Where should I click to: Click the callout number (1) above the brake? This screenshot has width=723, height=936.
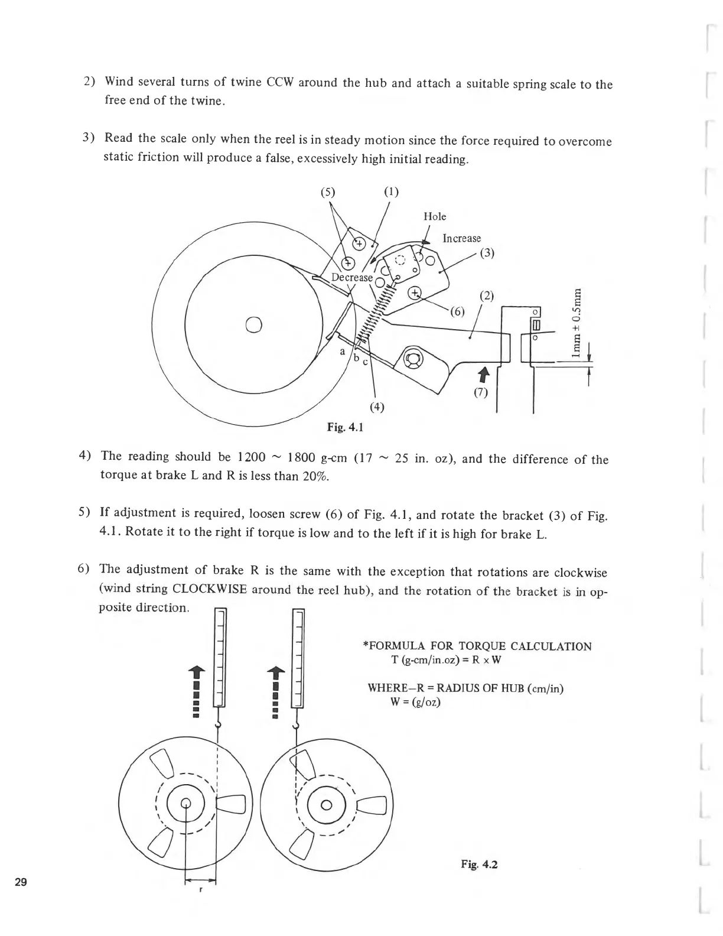click(391, 192)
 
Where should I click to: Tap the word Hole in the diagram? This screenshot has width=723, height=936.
click(435, 217)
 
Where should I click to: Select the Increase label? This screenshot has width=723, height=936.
click(461, 238)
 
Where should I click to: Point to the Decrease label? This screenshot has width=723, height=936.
click(351, 278)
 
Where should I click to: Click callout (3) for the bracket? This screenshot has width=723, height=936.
click(487, 253)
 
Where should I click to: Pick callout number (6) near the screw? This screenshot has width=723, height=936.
click(457, 311)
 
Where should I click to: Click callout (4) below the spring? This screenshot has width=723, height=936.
click(376, 407)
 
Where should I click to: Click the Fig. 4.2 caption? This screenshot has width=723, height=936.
click(479, 864)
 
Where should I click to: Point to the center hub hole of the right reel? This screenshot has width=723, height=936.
click(327, 805)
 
